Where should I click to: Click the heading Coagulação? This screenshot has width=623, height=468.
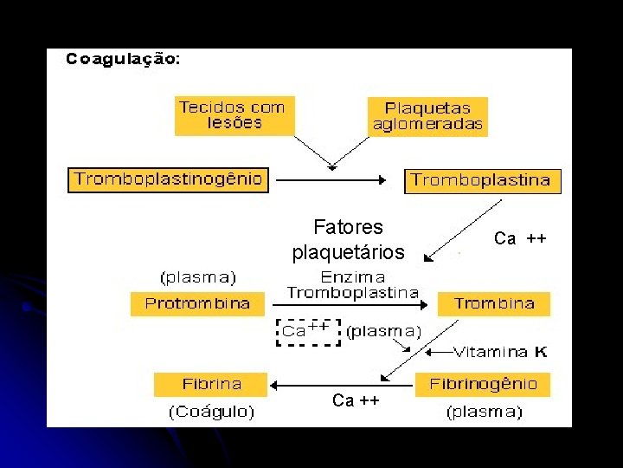coord(123,60)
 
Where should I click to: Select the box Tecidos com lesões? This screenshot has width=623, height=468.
coord(231,115)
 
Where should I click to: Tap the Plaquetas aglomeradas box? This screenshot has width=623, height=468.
coord(427,116)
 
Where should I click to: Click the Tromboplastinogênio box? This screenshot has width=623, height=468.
coord(168,180)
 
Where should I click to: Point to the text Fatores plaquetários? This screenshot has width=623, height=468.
coord(348,239)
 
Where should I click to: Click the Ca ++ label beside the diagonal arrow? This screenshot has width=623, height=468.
coord(519,238)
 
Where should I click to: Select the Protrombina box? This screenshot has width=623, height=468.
coord(197,303)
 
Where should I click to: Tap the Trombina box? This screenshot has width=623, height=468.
coord(494,303)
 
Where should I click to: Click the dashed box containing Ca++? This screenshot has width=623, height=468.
coord(307,331)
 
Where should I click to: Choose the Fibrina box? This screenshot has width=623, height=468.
coord(211,384)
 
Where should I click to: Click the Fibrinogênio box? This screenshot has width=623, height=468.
coord(482,384)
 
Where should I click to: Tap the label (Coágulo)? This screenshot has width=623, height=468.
coord(211,412)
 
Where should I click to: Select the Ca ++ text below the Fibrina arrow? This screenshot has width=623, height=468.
coord(356,400)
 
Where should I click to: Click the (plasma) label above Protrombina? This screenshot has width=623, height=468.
coord(198,277)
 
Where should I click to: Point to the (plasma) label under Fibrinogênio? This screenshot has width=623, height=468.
coord(484,413)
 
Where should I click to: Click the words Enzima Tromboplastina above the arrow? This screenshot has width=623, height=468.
coord(352,284)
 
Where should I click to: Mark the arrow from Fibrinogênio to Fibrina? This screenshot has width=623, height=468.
coord(340,383)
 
